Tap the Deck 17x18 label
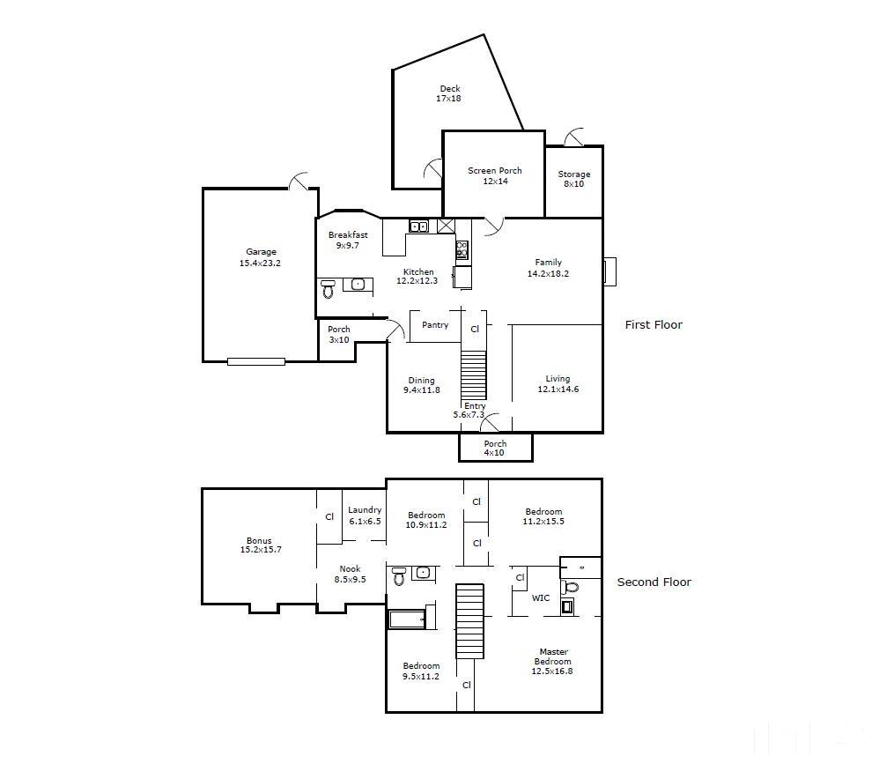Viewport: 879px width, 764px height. [x=449, y=93]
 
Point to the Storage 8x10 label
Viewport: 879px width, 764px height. [x=574, y=179]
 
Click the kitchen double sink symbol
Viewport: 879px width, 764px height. [x=418, y=226]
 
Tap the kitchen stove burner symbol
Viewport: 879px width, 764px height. [x=462, y=249]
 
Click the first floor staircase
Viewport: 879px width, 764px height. [x=474, y=375]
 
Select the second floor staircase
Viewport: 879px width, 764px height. [x=469, y=621]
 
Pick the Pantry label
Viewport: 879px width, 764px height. [x=435, y=325]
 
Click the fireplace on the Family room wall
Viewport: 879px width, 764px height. [x=609, y=271]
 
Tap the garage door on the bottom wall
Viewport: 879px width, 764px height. [x=256, y=362]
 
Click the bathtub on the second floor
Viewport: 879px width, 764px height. [x=407, y=619]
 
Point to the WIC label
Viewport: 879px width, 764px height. [x=541, y=598]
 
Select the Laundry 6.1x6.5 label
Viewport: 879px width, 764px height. [x=365, y=516]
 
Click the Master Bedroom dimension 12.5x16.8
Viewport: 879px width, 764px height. [x=552, y=671]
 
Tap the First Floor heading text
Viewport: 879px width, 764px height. [x=654, y=325]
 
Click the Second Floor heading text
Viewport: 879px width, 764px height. [x=654, y=582]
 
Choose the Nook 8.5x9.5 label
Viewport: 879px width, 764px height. [x=351, y=574]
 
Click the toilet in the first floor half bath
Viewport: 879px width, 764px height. [x=329, y=288]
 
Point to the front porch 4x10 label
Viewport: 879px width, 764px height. [x=495, y=449]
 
